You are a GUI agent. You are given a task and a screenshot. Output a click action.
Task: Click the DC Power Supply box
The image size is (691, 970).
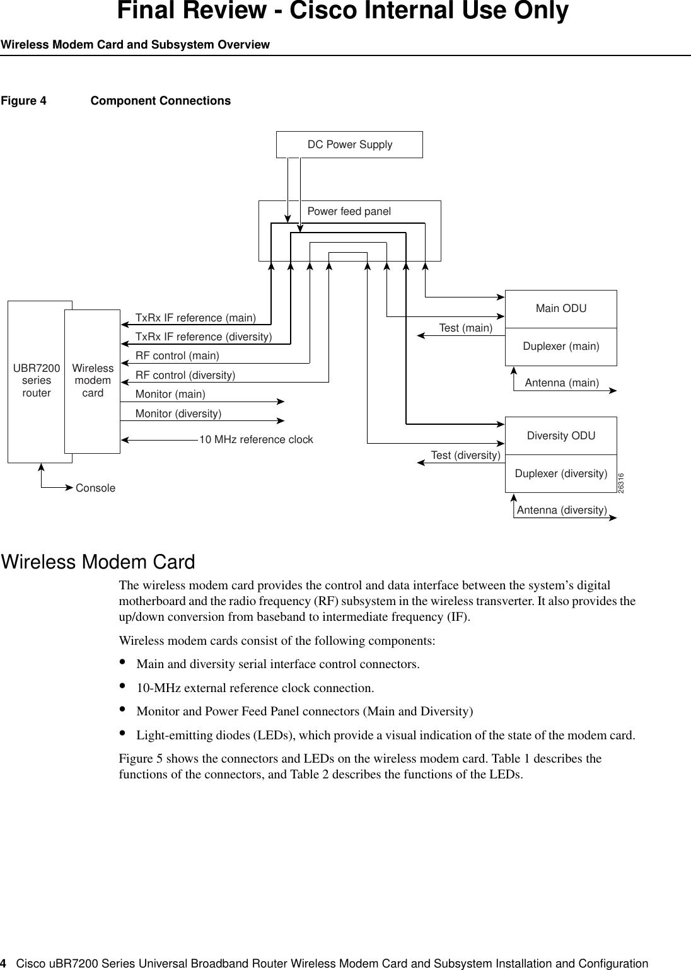click(x=349, y=144)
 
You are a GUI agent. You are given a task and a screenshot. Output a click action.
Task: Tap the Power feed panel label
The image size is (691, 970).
click(x=349, y=212)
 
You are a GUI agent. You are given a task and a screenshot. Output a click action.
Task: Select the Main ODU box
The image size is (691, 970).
click(x=560, y=309)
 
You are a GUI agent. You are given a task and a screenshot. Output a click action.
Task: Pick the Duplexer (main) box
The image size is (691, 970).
click(x=560, y=347)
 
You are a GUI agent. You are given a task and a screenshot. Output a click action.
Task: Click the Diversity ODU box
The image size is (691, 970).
click(x=560, y=436)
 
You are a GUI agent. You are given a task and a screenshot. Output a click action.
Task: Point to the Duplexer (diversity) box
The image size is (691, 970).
click(x=560, y=473)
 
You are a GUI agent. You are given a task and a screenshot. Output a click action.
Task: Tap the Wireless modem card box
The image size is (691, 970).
click(x=93, y=381)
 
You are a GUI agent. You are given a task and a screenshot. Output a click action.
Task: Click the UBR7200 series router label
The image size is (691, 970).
click(x=37, y=381)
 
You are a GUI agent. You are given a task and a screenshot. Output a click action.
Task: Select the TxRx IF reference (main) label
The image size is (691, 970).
click(x=195, y=318)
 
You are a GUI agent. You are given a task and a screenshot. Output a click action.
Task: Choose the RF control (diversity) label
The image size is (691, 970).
click(x=185, y=376)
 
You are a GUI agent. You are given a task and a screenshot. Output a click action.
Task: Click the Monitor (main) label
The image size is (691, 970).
click(x=170, y=395)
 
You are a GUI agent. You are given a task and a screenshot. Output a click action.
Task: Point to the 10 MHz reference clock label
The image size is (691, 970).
click(x=256, y=439)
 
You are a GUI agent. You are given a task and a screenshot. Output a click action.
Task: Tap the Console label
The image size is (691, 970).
click(x=95, y=488)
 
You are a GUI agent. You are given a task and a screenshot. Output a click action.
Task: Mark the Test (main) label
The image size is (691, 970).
click(x=465, y=328)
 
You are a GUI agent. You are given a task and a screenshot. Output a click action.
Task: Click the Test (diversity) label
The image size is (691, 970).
click(x=465, y=455)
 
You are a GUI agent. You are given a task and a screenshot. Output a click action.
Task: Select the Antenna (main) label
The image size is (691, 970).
click(x=562, y=383)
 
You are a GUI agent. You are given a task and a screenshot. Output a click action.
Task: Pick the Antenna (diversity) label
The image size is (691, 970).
click(x=562, y=510)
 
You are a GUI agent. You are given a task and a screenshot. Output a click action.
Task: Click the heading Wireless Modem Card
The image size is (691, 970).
click(x=98, y=561)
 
